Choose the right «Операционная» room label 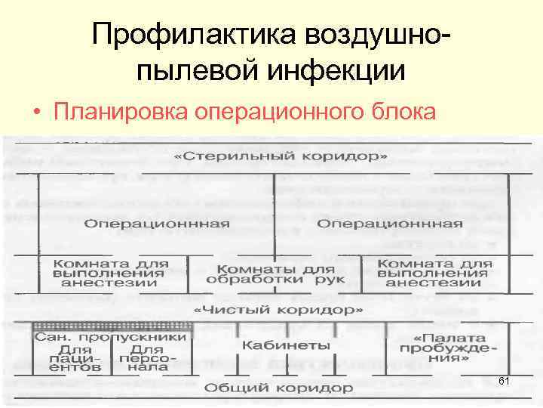point(390,224)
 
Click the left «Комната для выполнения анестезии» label point(109,273)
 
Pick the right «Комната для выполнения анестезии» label point(434,273)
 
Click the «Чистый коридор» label point(279,310)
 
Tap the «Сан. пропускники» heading point(109,335)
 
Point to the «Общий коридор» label point(278,388)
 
